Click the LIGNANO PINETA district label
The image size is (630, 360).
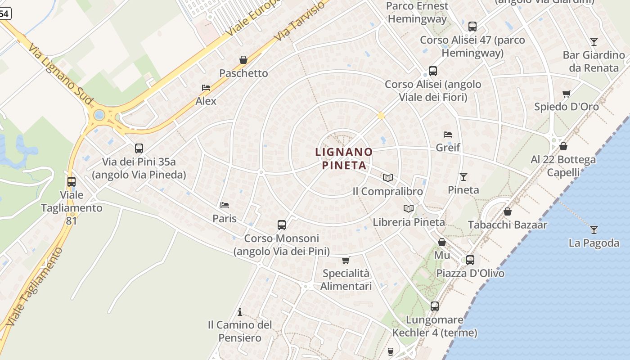point(344,158)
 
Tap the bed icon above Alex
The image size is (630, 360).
point(206,88)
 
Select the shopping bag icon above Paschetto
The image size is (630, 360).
point(243,60)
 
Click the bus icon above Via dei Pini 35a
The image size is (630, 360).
point(139,148)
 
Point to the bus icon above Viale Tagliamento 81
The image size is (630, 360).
point(72,182)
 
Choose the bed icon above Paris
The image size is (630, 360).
point(225,205)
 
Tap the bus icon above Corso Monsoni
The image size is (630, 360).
point(282,225)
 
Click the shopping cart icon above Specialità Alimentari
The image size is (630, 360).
point(346,260)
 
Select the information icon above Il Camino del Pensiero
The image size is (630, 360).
point(240,311)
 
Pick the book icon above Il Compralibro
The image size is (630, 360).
point(387,178)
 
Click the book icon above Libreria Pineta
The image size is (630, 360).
point(409,208)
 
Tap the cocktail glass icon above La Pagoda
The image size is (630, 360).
point(594,230)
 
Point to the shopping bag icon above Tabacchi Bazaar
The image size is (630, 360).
point(508,211)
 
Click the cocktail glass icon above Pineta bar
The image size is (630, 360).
point(463,176)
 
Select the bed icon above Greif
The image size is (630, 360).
point(448,134)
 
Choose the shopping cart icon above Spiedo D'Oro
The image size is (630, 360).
point(566,94)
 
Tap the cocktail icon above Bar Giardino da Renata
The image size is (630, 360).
point(594,42)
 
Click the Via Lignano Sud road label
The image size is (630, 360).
point(61,74)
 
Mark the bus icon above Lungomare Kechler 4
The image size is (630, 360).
point(434,306)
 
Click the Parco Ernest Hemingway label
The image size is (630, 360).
point(417,13)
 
